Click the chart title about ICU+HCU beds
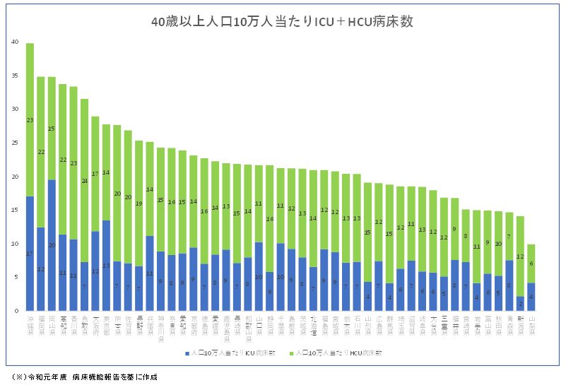tap(283, 22)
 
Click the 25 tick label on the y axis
tap(16, 143)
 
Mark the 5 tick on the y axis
tap(16, 277)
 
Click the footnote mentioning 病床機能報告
tap(84, 377)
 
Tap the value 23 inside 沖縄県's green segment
tap(30, 120)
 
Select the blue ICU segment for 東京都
tap(106, 265)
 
